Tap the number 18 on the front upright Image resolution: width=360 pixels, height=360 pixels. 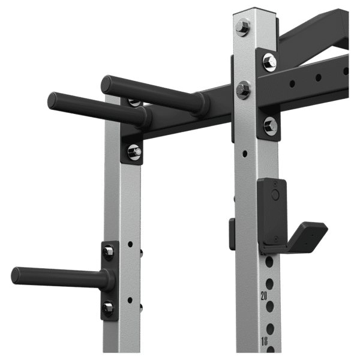click(264, 341)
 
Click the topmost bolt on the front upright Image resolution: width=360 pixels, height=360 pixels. click(242, 27)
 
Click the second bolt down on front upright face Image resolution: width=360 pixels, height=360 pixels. click(243, 90)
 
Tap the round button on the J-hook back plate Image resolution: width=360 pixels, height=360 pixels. click(275, 194)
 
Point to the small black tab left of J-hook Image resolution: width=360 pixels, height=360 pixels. click(232, 233)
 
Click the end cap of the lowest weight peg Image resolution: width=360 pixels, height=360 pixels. click(16, 275)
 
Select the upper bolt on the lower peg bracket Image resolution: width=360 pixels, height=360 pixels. click(108, 252)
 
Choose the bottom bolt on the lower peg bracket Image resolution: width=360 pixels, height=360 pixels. click(107, 309)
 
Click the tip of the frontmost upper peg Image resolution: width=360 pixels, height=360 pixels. click(52, 100)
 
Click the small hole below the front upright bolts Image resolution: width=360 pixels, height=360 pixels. click(245, 154)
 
